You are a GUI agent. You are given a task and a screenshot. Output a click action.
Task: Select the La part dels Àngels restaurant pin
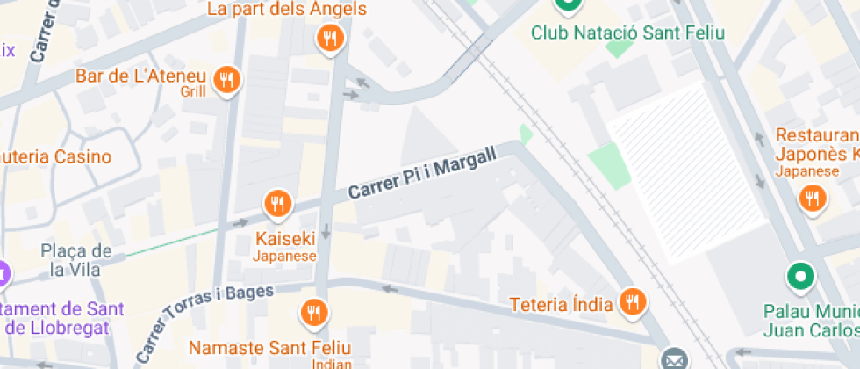click(330, 38)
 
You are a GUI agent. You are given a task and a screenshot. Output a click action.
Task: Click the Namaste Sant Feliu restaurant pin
click(313, 311)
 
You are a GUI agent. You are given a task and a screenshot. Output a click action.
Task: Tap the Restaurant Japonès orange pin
click(813, 199)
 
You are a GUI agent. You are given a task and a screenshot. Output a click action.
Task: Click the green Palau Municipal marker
click(800, 278)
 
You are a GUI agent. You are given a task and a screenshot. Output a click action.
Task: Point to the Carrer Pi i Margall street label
click(422, 173)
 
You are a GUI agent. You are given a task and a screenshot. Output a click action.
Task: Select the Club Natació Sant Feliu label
click(627, 33)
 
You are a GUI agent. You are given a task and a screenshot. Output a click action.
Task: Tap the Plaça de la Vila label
click(76, 259)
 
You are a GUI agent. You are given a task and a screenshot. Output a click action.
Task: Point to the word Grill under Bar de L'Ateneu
click(193, 91)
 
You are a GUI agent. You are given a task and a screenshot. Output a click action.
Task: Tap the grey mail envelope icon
click(674, 359)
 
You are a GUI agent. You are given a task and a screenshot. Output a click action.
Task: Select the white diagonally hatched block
click(689, 171)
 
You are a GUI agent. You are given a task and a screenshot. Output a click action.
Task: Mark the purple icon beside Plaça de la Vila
click(3, 273)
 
